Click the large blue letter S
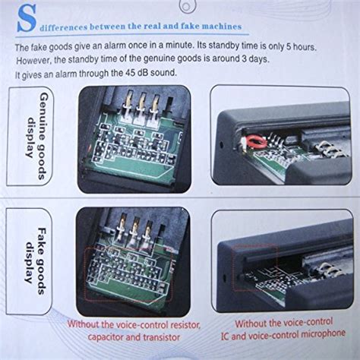click(x=27, y=18)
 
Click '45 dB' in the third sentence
click(x=137, y=73)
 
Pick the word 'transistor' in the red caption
click(x=161, y=337)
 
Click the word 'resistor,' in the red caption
click(x=182, y=325)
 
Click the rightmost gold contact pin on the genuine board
click(x=155, y=103)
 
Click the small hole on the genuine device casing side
click(x=222, y=145)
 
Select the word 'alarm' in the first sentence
click(x=115, y=46)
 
